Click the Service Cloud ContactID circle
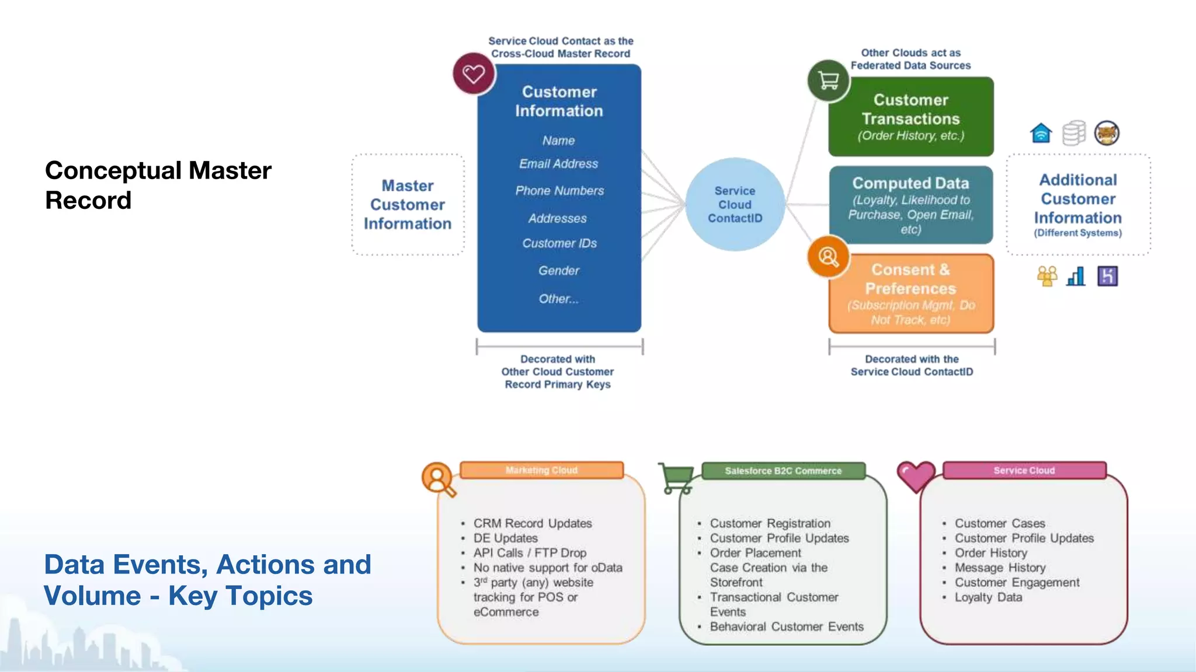[x=735, y=204]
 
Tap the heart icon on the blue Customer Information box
[x=474, y=74]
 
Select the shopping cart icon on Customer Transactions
[x=828, y=80]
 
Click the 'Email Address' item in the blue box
[x=558, y=164]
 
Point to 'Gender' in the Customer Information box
[x=559, y=271]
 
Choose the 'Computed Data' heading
[x=910, y=183]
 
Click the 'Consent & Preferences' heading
[x=910, y=279]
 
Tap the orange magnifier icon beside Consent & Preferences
[x=828, y=257]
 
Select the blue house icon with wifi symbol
[x=1041, y=133]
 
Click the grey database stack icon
[x=1073, y=133]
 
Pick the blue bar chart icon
[x=1076, y=276]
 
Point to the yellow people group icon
[x=1046, y=276]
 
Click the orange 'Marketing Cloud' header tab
[x=541, y=470]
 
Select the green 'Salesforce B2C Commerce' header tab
[x=783, y=471]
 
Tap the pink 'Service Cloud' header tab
[x=1024, y=470]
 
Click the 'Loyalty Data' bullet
[x=988, y=597]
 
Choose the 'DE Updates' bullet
[x=505, y=538]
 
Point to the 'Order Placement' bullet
[x=756, y=553]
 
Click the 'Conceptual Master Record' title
[x=158, y=185]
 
